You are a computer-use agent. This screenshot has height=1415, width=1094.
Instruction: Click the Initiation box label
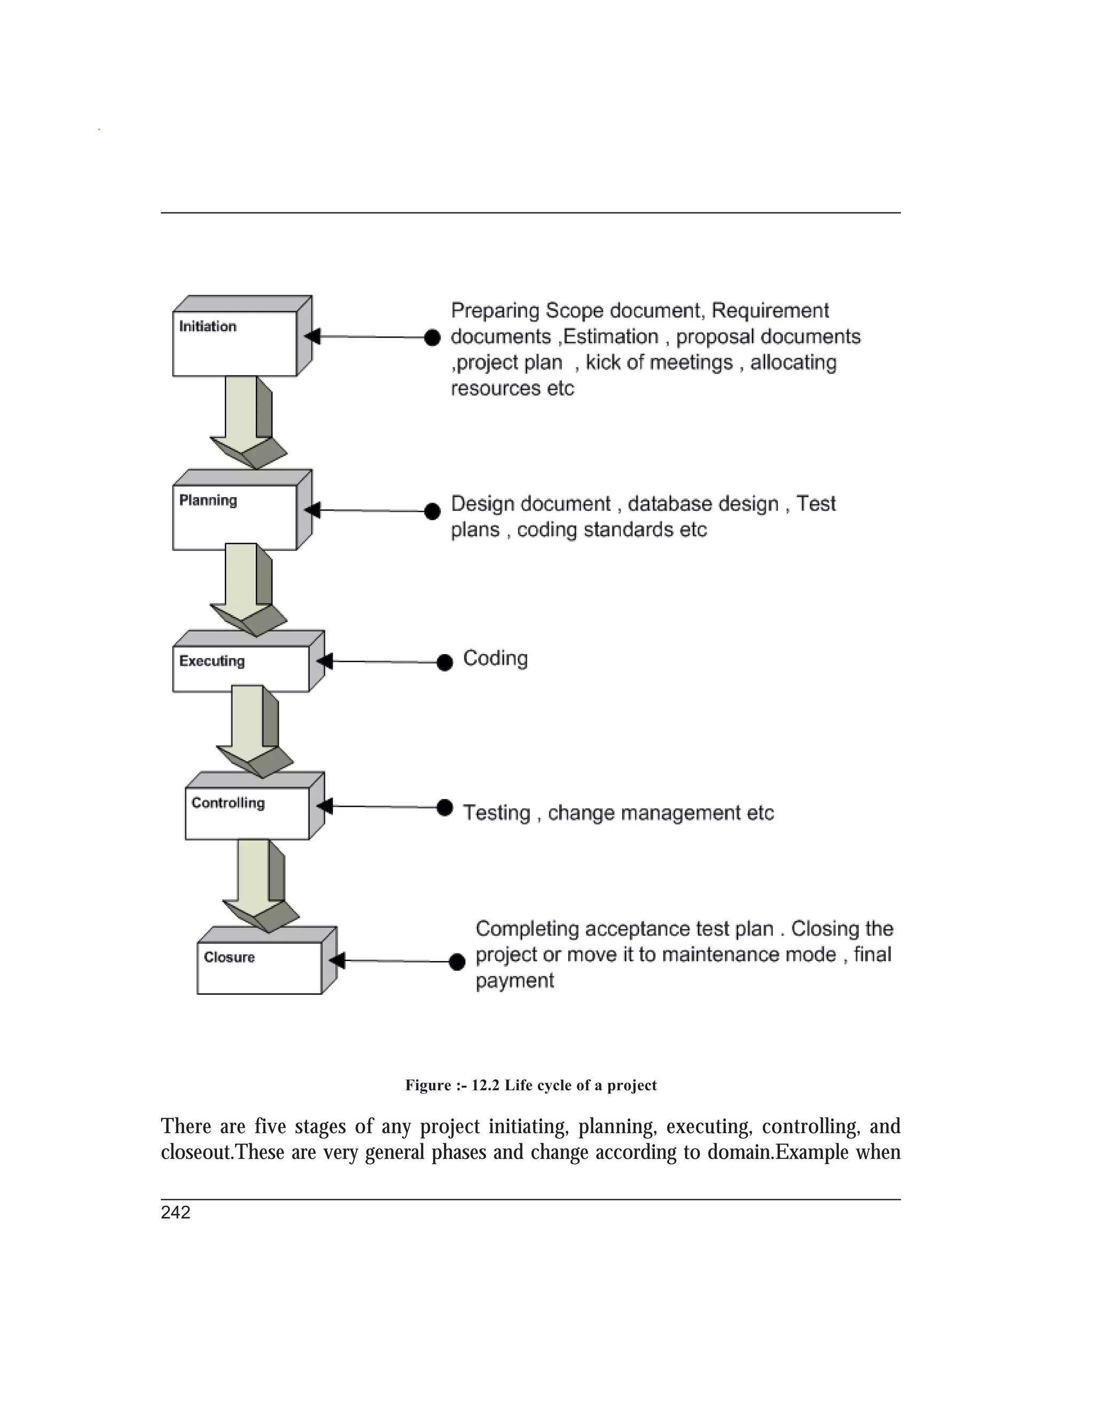tap(207, 327)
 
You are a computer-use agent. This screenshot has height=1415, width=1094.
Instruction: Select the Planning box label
tap(208, 500)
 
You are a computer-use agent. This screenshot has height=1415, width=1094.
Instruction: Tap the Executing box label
tap(212, 661)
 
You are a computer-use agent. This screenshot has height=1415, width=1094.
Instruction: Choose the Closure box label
tap(229, 957)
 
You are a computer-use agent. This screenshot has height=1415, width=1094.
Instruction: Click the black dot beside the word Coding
tap(444, 662)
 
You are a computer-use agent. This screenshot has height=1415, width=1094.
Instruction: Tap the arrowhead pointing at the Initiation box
tap(312, 336)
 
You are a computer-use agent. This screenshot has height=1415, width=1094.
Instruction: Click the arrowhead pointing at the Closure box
tap(337, 960)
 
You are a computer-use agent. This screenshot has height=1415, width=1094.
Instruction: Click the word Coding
tap(495, 658)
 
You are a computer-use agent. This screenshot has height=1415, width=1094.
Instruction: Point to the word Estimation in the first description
tap(611, 337)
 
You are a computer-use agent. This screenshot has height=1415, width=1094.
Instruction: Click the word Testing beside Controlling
tap(496, 813)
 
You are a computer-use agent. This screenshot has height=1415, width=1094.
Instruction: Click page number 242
tap(176, 1213)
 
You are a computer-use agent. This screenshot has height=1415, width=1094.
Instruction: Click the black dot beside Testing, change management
tap(444, 807)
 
